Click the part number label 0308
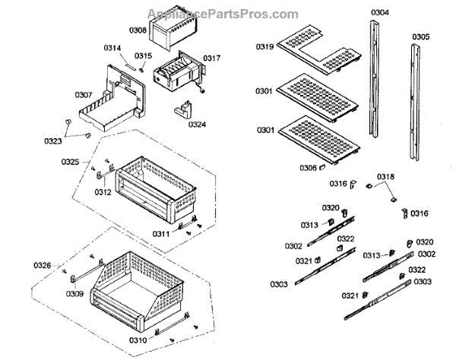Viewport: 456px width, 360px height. point(138,30)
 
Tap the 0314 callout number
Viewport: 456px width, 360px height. point(112,49)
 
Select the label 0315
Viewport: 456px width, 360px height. point(144,55)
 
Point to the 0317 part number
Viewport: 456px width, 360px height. point(211,58)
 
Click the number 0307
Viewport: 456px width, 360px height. point(83,95)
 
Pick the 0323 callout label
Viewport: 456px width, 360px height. point(52,141)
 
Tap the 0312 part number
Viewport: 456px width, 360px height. point(103,192)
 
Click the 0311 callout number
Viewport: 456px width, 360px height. point(162,234)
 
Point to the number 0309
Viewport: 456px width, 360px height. point(74,294)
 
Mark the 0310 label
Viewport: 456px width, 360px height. point(139,340)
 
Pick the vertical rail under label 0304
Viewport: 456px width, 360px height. point(375,87)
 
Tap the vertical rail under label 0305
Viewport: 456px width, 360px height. point(416,103)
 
